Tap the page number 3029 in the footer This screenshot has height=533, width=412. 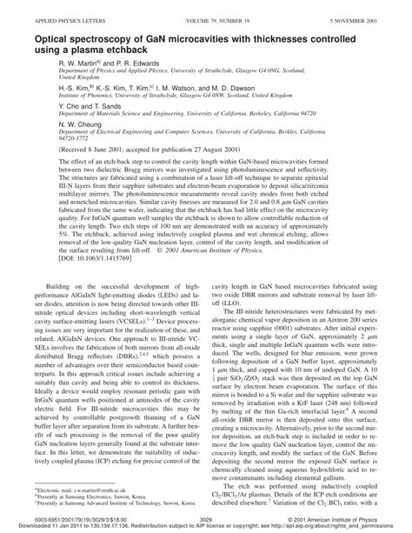coord(206,517)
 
